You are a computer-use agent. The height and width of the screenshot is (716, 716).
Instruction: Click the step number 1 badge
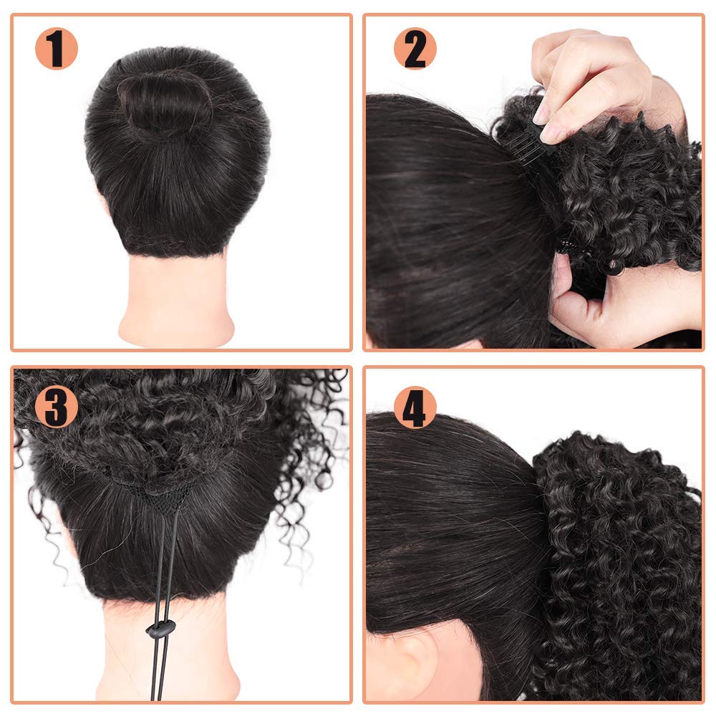pos(57,49)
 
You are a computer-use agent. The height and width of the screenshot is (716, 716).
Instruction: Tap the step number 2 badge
pos(415,49)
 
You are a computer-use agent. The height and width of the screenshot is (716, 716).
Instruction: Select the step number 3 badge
pos(57,407)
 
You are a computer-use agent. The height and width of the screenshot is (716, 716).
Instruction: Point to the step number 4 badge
pos(415,407)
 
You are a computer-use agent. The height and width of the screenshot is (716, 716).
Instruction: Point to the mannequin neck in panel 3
pos(169,649)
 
